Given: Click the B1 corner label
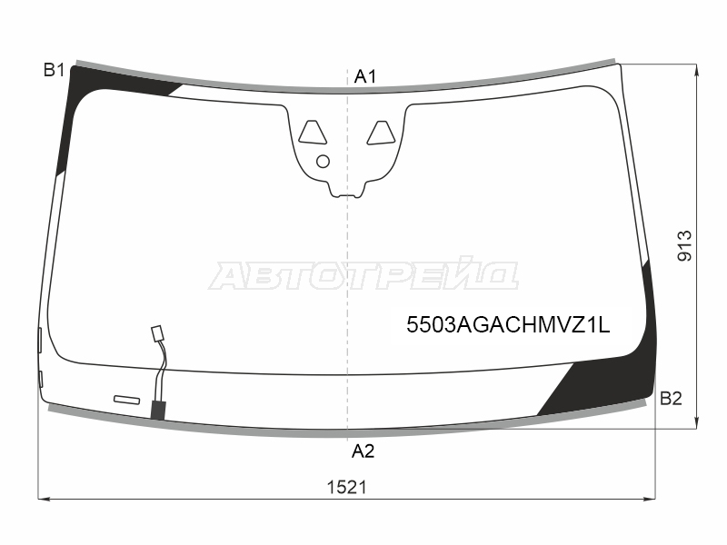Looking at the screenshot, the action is click(x=55, y=70).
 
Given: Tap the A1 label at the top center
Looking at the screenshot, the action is click(x=365, y=76).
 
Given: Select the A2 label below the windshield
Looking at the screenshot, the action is click(x=363, y=451).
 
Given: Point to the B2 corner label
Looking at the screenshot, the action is click(x=671, y=399).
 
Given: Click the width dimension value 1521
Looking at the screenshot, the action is click(x=347, y=487).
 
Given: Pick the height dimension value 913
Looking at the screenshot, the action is click(x=685, y=245).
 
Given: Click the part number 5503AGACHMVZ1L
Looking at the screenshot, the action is click(x=508, y=325).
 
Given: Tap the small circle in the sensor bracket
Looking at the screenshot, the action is click(x=323, y=162).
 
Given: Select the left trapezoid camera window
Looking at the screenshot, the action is click(x=312, y=132).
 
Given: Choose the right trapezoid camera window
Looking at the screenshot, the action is click(x=381, y=133).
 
